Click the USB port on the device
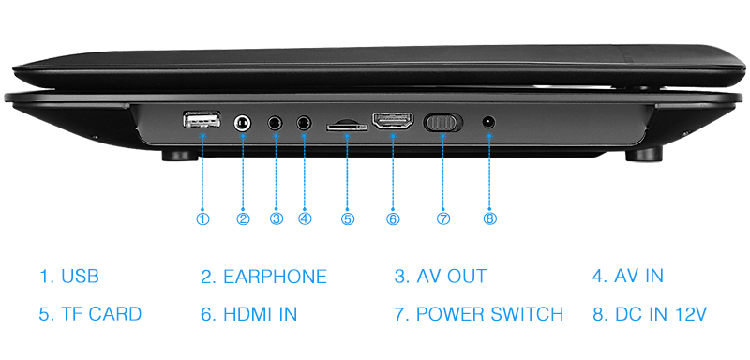(202, 119)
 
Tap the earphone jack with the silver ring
(243, 123)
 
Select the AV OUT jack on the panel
(275, 124)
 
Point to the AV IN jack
(304, 124)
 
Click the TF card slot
(347, 127)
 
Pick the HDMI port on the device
(393, 122)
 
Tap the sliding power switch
(442, 123)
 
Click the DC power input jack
(488, 123)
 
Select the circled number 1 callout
(202, 218)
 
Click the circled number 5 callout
(348, 218)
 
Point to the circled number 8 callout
(490, 218)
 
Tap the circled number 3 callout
(277, 218)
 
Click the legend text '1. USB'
(68, 277)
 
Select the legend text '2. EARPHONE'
(263, 277)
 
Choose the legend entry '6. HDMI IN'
(248, 314)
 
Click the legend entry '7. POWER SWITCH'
(479, 314)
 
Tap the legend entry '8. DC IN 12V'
(650, 314)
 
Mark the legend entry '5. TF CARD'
(90, 314)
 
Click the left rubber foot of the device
(180, 156)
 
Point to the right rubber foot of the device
(644, 155)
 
